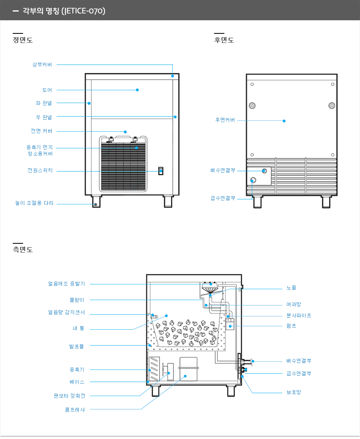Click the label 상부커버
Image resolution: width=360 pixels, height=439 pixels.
click(42, 64)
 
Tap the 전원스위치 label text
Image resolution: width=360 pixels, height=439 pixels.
click(40, 171)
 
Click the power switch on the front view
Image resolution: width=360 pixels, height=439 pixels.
click(161, 171)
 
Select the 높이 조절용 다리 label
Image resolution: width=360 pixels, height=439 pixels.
click(34, 203)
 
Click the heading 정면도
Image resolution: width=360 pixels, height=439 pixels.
click(23, 40)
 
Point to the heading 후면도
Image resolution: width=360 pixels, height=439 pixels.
click(224, 40)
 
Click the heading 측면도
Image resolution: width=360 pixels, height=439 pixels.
click(23, 250)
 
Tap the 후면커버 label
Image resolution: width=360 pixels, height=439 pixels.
click(225, 120)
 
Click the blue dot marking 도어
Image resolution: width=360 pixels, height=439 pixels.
click(137, 90)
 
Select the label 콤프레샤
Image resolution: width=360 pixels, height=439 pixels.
click(75, 409)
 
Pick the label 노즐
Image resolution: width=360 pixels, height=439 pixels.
click(291, 287)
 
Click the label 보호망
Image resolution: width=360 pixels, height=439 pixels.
click(294, 392)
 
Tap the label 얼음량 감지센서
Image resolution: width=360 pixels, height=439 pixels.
click(66, 313)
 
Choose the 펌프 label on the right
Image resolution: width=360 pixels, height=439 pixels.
click(291, 326)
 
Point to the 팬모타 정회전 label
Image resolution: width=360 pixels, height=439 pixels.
click(70, 396)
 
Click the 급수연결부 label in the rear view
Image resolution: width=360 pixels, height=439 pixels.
click(223, 198)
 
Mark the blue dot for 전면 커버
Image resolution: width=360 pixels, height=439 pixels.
click(125, 132)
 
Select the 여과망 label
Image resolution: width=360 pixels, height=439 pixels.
click(294, 305)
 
